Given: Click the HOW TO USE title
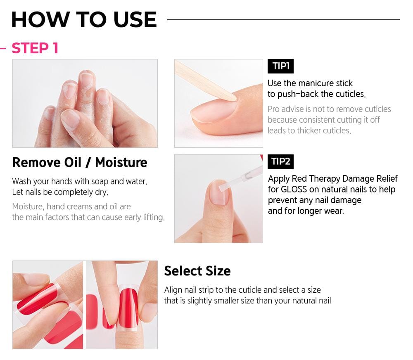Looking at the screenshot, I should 84,20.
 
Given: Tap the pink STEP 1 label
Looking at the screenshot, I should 35,48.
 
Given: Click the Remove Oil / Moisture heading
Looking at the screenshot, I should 80,162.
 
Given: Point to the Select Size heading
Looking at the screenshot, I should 197,271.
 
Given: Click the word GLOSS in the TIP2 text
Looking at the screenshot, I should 297,189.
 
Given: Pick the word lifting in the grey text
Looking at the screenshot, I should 151,217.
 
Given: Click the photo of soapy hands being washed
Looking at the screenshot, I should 85,103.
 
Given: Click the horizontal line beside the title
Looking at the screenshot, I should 283,19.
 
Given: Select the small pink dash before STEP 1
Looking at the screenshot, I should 3,48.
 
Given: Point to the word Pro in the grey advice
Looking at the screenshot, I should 274,109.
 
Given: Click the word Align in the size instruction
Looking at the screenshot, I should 173,290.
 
